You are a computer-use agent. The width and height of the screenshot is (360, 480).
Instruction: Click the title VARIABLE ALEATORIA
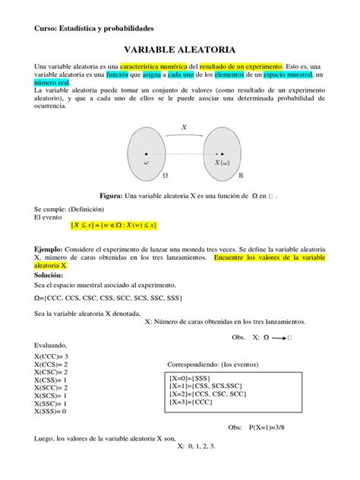pyautogui.click(x=179, y=47)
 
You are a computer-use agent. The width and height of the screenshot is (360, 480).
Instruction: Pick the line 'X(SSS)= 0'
pyautogui.click(x=52, y=411)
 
